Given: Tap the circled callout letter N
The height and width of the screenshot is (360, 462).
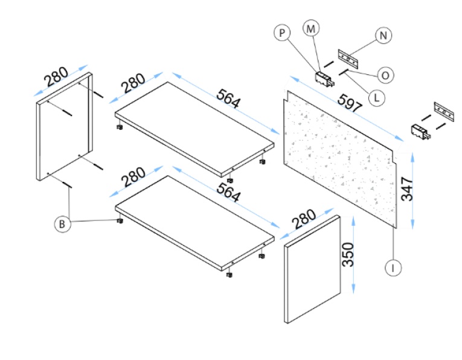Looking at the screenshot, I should pos(382,36).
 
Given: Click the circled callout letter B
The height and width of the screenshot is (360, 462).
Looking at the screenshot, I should pos(62,224).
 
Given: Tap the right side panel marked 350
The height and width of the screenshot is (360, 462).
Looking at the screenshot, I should pos(312,269).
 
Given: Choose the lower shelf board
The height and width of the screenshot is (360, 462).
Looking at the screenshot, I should pos(193,221).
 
